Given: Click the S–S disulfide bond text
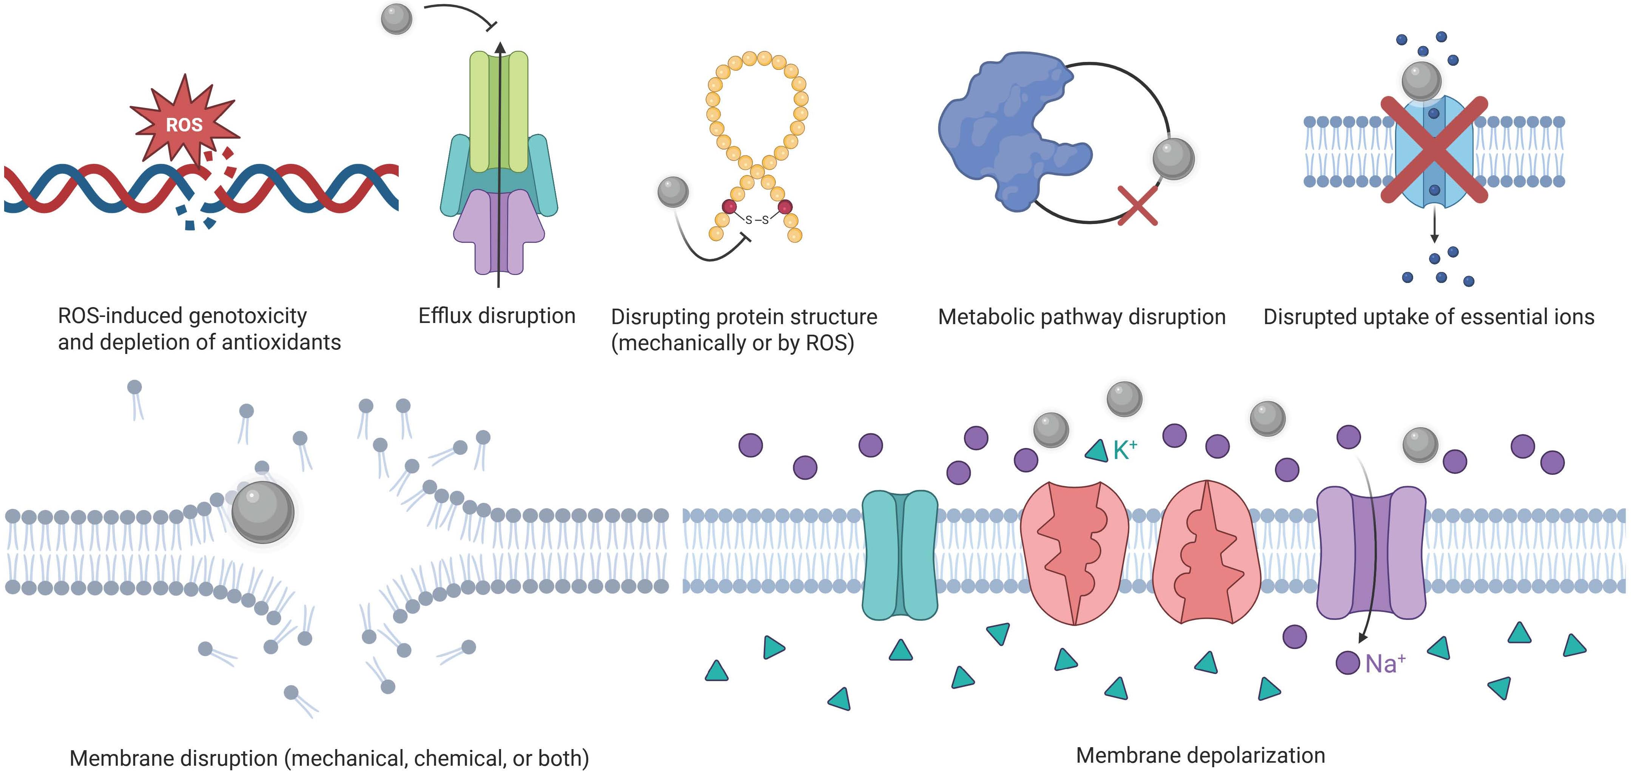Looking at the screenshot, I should point(757,220).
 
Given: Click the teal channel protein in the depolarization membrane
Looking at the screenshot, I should point(900,554).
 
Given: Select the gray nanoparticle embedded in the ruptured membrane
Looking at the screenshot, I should point(263,512).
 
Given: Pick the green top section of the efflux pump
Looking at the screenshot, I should point(499,111).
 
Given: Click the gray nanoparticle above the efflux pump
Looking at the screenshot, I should point(397,19).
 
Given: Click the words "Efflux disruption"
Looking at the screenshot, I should point(497,315).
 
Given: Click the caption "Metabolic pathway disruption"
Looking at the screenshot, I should point(1081,317).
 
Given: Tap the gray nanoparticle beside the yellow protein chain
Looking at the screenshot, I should point(673,191).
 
